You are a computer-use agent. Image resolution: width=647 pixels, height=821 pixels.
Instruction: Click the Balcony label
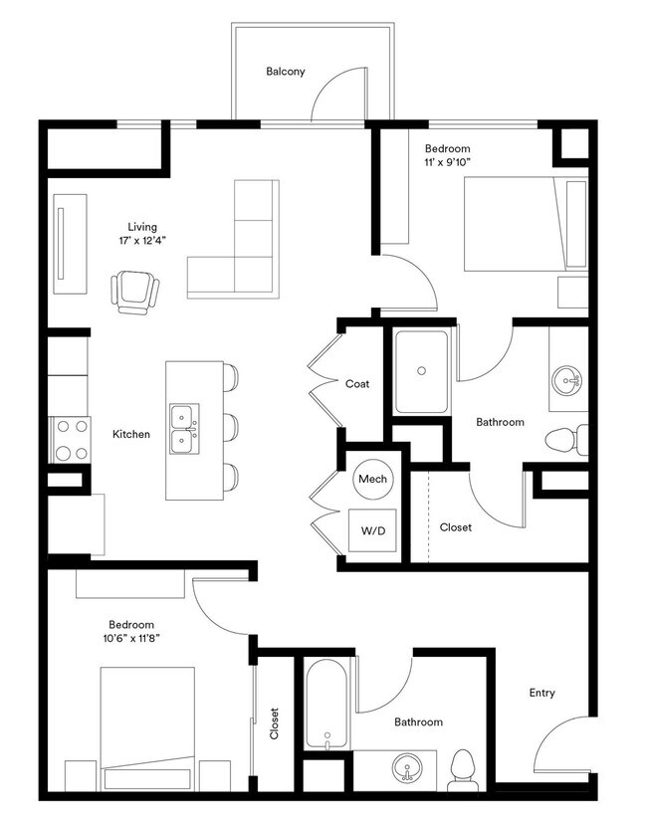285,72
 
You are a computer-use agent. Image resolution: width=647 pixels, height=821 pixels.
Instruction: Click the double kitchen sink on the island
183,428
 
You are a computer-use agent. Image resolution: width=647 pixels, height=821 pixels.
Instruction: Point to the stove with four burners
70,439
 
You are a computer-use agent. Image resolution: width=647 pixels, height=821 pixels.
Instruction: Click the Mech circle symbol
372,480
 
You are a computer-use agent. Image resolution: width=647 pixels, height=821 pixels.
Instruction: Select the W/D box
372,531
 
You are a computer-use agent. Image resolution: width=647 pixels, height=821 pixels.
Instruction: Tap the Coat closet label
358,384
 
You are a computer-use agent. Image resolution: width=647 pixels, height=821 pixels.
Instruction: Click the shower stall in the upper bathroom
421,371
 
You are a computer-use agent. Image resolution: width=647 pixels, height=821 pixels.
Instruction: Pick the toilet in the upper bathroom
567,439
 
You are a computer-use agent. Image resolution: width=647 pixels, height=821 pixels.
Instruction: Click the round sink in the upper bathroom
568,379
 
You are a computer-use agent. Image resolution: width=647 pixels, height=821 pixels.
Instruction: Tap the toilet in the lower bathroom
462,767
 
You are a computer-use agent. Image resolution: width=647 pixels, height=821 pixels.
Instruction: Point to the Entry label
542,693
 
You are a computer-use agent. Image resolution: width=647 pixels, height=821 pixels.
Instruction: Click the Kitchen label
130,434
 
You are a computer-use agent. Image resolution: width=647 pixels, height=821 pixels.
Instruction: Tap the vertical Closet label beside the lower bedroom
274,723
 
